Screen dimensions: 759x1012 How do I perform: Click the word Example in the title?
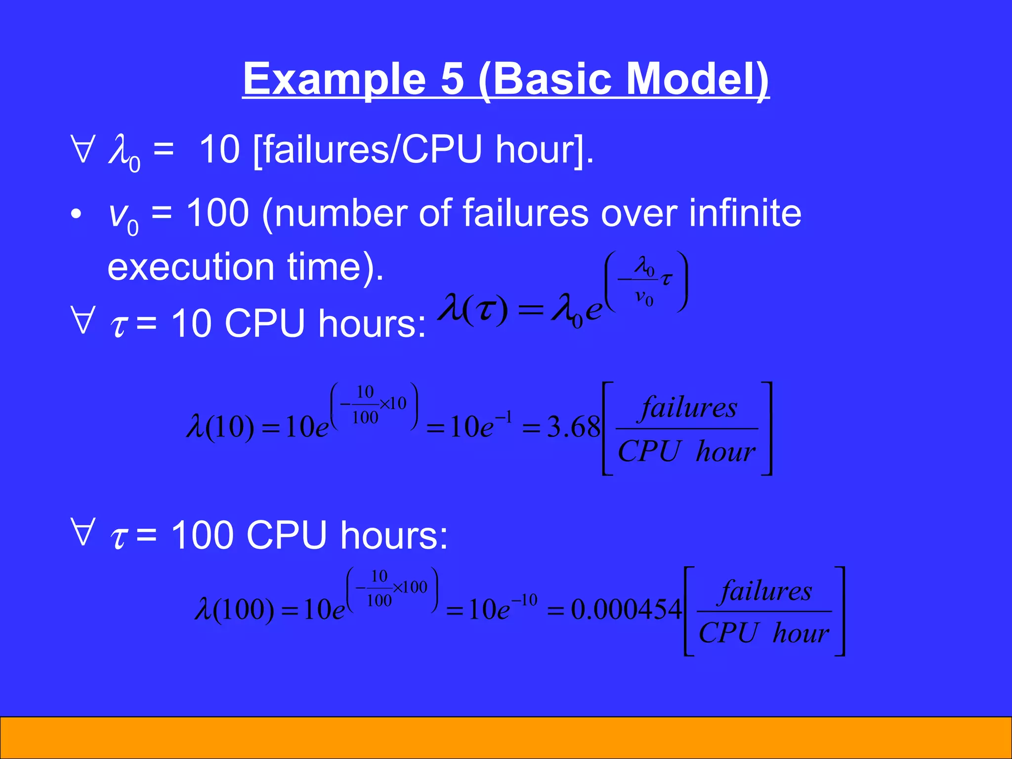tap(334, 79)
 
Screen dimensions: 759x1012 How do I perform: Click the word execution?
tap(190, 267)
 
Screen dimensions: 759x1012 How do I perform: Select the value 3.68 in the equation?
tap(573, 426)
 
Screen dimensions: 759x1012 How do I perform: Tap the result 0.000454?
tap(627, 609)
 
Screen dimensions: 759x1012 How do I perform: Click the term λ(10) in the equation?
tap(220, 426)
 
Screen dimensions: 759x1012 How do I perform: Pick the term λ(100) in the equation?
tap(235, 609)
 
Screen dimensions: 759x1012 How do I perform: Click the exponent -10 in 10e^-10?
tap(524, 600)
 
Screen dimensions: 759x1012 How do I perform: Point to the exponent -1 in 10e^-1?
tap(504, 419)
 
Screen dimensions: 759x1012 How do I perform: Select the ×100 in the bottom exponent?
tap(410, 587)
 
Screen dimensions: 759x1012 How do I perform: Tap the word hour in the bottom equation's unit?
tap(801, 633)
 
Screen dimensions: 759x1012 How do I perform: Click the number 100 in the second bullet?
tap(217, 213)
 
